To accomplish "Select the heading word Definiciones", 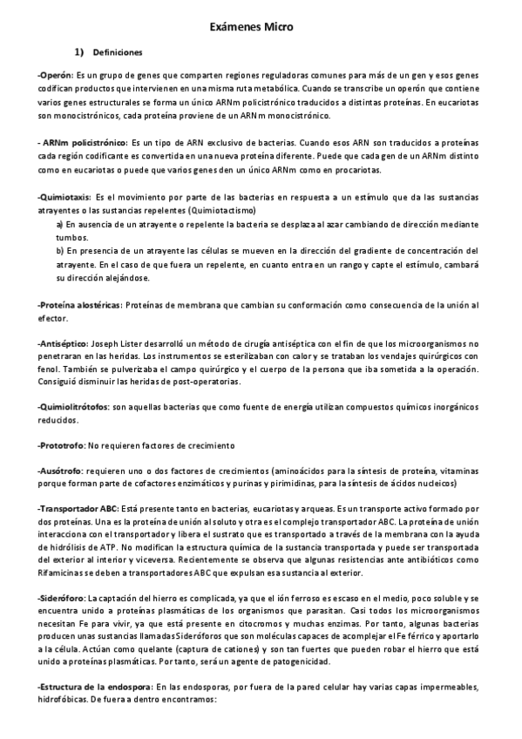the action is pos(118,52).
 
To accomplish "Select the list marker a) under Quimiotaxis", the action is pos(59,223).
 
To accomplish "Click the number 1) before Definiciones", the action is pos(78,52).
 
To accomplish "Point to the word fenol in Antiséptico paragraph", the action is pos(50,369).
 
